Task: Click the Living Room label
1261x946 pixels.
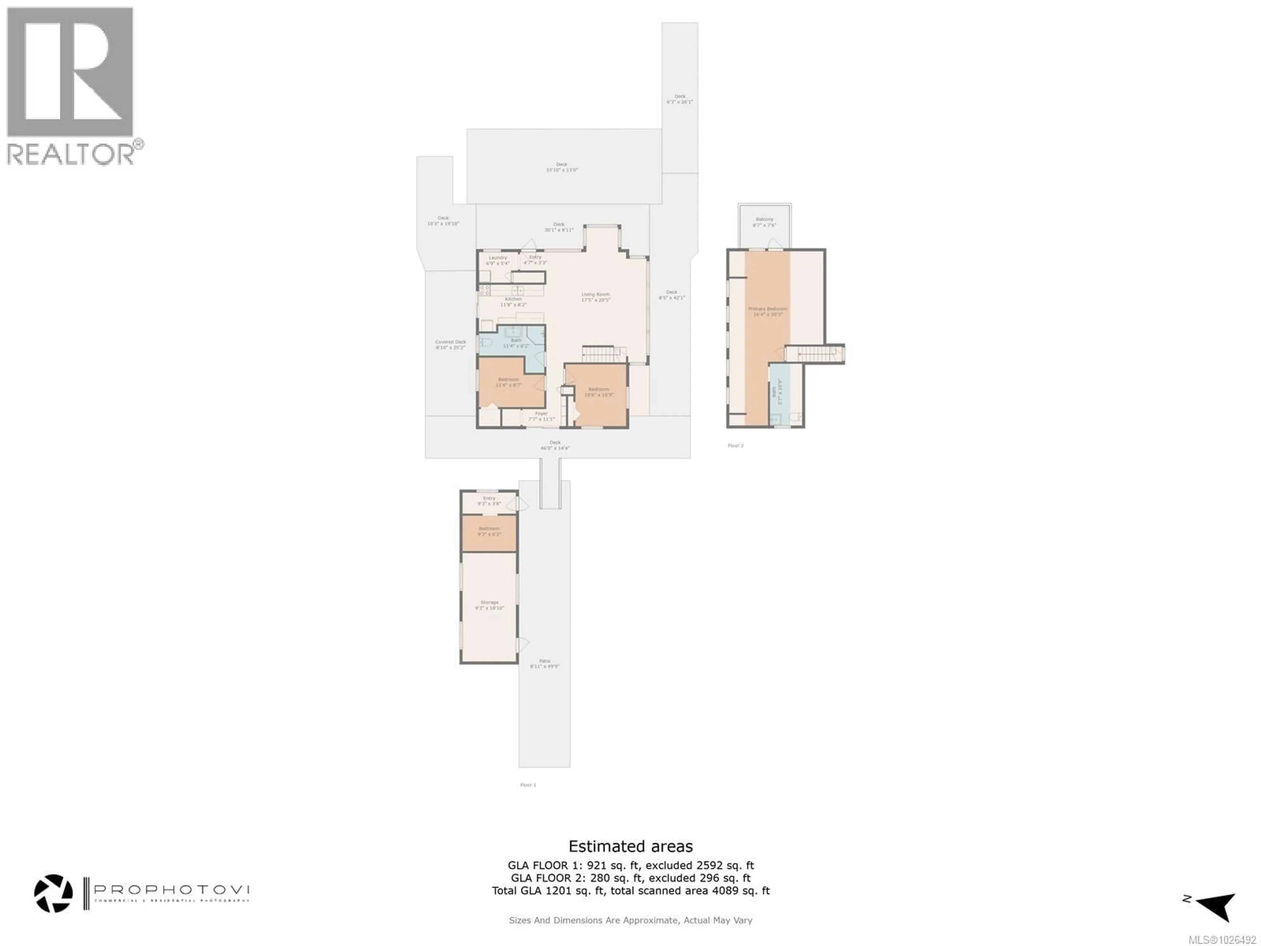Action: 595,297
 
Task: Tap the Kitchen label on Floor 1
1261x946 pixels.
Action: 513,302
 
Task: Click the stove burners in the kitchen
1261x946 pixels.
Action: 485,290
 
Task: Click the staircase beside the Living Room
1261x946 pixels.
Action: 603,354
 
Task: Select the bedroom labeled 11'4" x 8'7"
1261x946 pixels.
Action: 508,382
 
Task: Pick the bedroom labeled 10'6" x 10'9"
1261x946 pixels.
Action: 598,392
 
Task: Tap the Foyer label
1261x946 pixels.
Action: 541,416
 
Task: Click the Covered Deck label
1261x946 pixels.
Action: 450,345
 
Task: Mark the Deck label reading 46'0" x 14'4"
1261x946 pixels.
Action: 555,445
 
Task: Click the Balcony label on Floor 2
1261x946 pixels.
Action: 764,222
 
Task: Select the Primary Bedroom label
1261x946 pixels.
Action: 767,311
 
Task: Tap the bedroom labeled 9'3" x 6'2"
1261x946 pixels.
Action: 489,531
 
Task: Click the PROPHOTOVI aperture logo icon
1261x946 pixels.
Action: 54,893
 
